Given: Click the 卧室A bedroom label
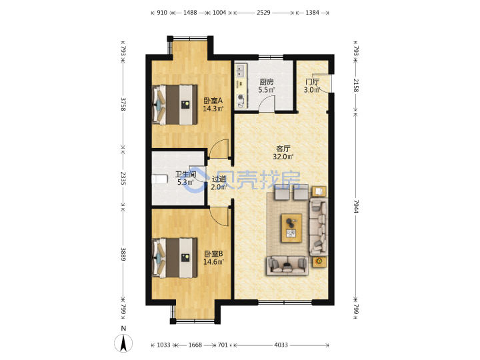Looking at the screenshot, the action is pos(213,101).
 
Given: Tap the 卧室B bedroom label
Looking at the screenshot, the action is pos(213,254).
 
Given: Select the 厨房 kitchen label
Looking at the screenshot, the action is pos(266,82).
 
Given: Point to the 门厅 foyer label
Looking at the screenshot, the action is pos(312,82).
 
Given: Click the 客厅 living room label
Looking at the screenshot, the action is pos(283,149).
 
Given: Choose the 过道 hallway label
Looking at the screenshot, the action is pos(219,179).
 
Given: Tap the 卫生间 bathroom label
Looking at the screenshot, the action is pos(185,175).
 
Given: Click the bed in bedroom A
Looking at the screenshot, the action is pos(175,105).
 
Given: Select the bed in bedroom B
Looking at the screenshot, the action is pos(175,258).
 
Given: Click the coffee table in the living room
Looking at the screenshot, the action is pos(291,229).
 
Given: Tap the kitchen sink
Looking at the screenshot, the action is pos(241,71).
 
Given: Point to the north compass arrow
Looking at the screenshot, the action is pos(123,343).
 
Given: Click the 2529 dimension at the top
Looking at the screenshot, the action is pos(263,13).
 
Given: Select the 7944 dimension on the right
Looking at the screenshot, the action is pos(356,207).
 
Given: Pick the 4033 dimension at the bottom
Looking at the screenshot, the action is pos(281,345).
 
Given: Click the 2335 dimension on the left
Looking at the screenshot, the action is pos(123,178).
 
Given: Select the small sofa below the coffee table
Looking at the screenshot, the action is pos(287,265).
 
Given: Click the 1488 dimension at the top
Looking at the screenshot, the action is pos(190,13).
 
